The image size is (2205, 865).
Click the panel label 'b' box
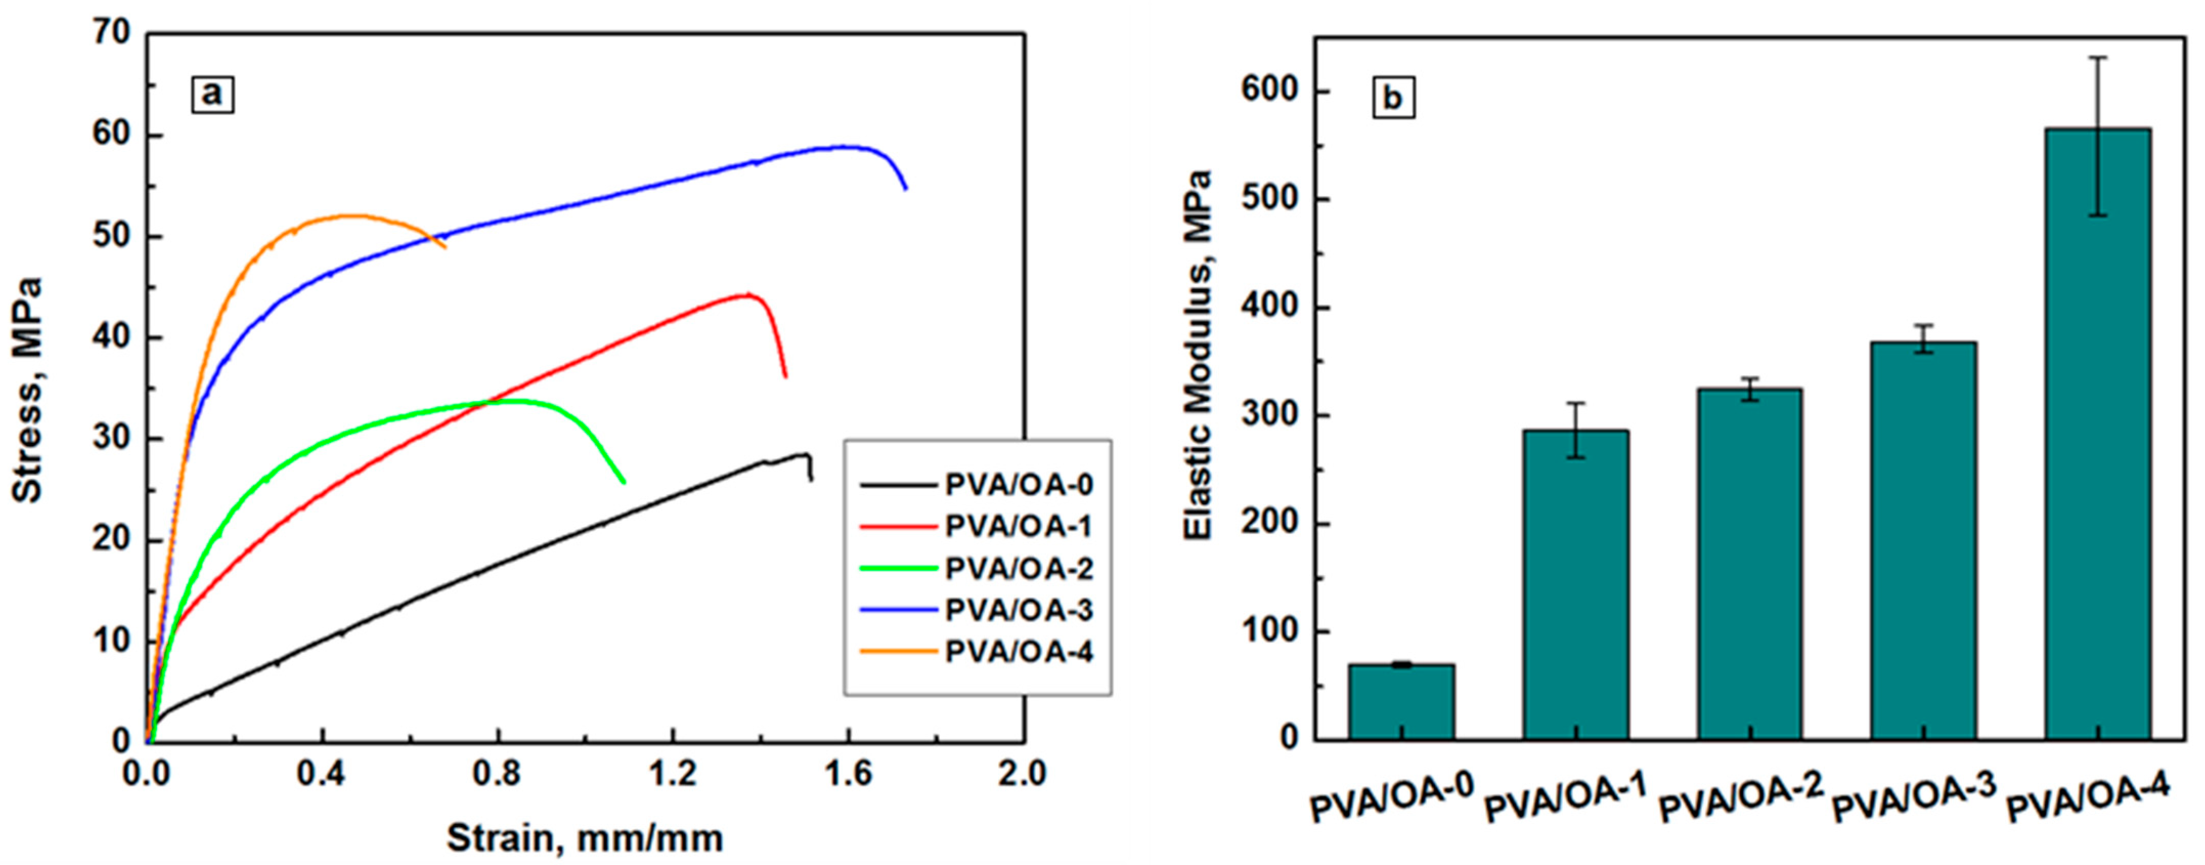tap(1393, 98)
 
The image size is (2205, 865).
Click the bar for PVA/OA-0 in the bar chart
tap(1401, 702)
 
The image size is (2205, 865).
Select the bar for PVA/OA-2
tap(1750, 565)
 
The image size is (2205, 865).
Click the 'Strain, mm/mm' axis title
tap(585, 838)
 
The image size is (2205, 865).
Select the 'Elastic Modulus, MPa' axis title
tap(1198, 355)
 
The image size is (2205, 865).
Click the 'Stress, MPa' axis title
tap(28, 389)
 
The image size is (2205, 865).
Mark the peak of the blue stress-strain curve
tap(1361, 146)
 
